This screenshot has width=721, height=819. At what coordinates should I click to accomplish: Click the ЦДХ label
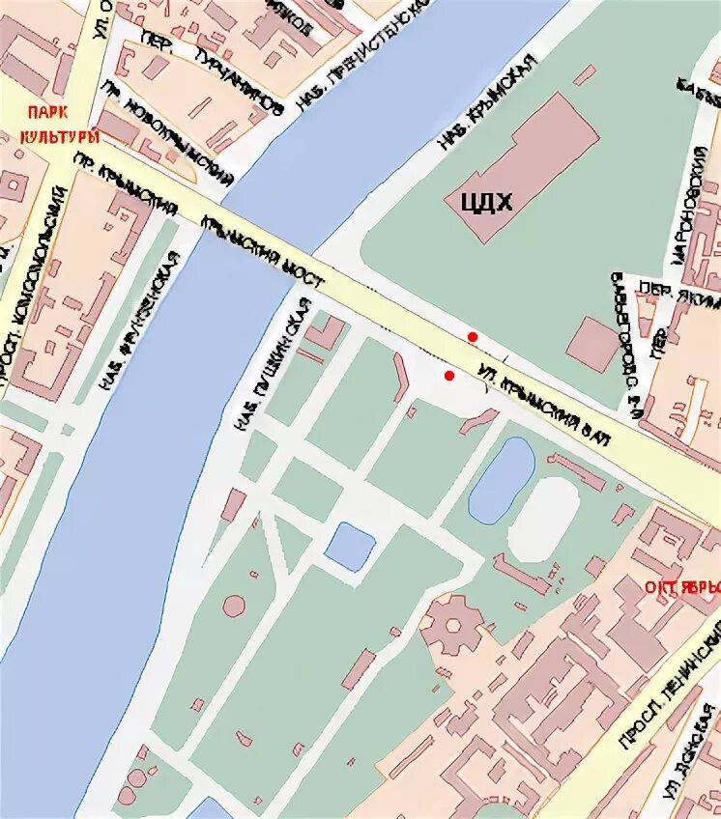[x=477, y=201]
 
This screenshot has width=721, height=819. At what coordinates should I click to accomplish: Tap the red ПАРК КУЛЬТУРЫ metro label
[x=60, y=125]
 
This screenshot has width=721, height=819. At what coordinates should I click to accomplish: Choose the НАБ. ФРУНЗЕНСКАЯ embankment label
[x=139, y=323]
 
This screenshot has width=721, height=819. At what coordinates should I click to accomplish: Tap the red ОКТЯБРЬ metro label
[x=681, y=588]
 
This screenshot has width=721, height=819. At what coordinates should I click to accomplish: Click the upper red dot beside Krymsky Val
[x=473, y=335]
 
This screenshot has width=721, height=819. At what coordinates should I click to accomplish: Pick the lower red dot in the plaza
[x=448, y=375]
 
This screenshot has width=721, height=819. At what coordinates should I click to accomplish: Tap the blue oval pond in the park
[x=502, y=478]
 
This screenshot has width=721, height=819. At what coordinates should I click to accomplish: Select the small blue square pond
[x=350, y=546]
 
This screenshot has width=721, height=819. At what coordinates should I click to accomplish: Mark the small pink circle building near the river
[x=233, y=606]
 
